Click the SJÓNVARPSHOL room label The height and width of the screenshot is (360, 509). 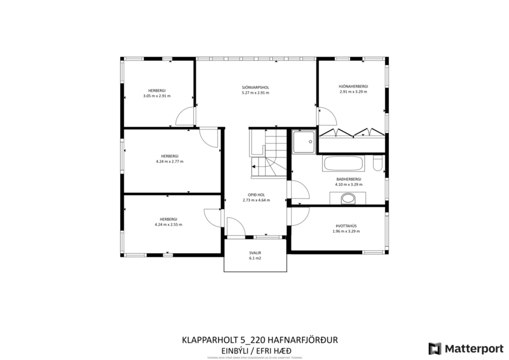[x=255, y=87]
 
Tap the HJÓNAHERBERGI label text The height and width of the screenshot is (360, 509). [x=353, y=87]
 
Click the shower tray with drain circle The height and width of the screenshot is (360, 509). [x=303, y=141]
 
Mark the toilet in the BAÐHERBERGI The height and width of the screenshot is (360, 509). [x=377, y=165]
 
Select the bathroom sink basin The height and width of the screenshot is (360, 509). [x=348, y=198]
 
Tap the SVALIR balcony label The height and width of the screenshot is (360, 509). [x=255, y=253]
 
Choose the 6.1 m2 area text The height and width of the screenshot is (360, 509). [x=255, y=258]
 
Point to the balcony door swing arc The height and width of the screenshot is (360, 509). [x=235, y=226]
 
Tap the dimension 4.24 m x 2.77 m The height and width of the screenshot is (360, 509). [x=169, y=161]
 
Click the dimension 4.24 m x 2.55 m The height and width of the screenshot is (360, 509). [x=168, y=224]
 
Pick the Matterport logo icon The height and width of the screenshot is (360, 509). [x=434, y=348]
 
